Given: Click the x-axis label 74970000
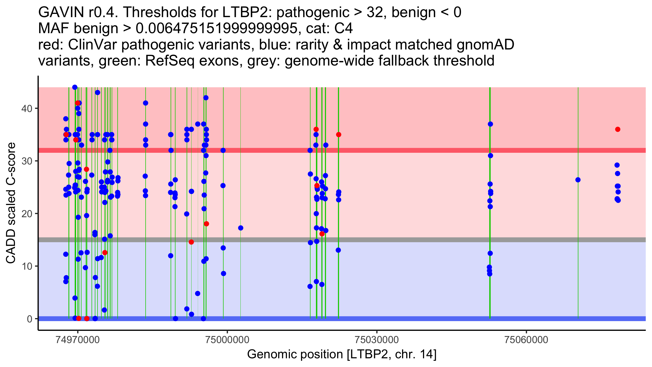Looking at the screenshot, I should pos(78,340).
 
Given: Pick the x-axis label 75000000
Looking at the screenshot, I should pos(227,340).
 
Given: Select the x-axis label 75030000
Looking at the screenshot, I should pos(377,340).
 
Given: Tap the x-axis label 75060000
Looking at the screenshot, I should pos(526,340).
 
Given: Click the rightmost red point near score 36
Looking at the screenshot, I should pos(618,129).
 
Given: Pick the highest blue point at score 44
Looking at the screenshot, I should pos(75,87).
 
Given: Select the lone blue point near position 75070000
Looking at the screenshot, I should pos(578,180).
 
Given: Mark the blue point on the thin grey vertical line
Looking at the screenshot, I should pos(240,228).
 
